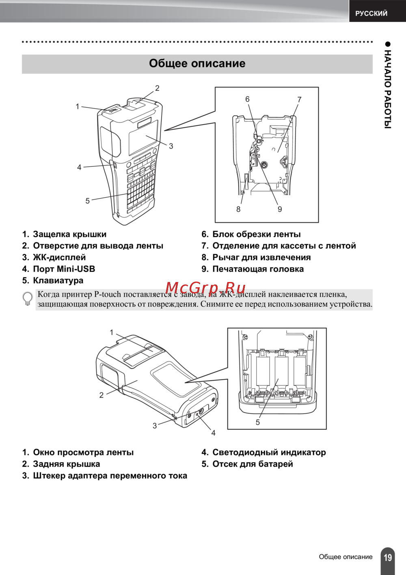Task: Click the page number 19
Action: pyautogui.click(x=388, y=557)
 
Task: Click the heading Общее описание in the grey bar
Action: pyautogui.click(x=197, y=64)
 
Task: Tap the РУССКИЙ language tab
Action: pyautogui.click(x=371, y=13)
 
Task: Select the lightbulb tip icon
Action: pyautogui.click(x=28, y=299)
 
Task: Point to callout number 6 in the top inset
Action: pyautogui.click(x=247, y=99)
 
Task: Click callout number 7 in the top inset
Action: pyautogui.click(x=299, y=99)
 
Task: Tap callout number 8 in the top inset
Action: pyautogui.click(x=238, y=209)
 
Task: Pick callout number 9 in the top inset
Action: pyautogui.click(x=280, y=209)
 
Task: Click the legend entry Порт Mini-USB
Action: pyautogui.click(x=64, y=269)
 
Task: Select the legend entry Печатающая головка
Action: pyautogui.click(x=258, y=269)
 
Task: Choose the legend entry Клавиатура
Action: pyautogui.click(x=58, y=280)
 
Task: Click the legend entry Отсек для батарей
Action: pyautogui.click(x=253, y=464)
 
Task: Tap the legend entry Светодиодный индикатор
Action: pyautogui.click(x=269, y=452)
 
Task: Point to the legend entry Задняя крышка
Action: pyautogui.click(x=66, y=464)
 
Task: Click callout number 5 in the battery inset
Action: pyautogui.click(x=257, y=422)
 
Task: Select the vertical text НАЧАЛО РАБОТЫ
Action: pyautogui.click(x=388, y=89)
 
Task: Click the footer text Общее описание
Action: pyautogui.click(x=346, y=557)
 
